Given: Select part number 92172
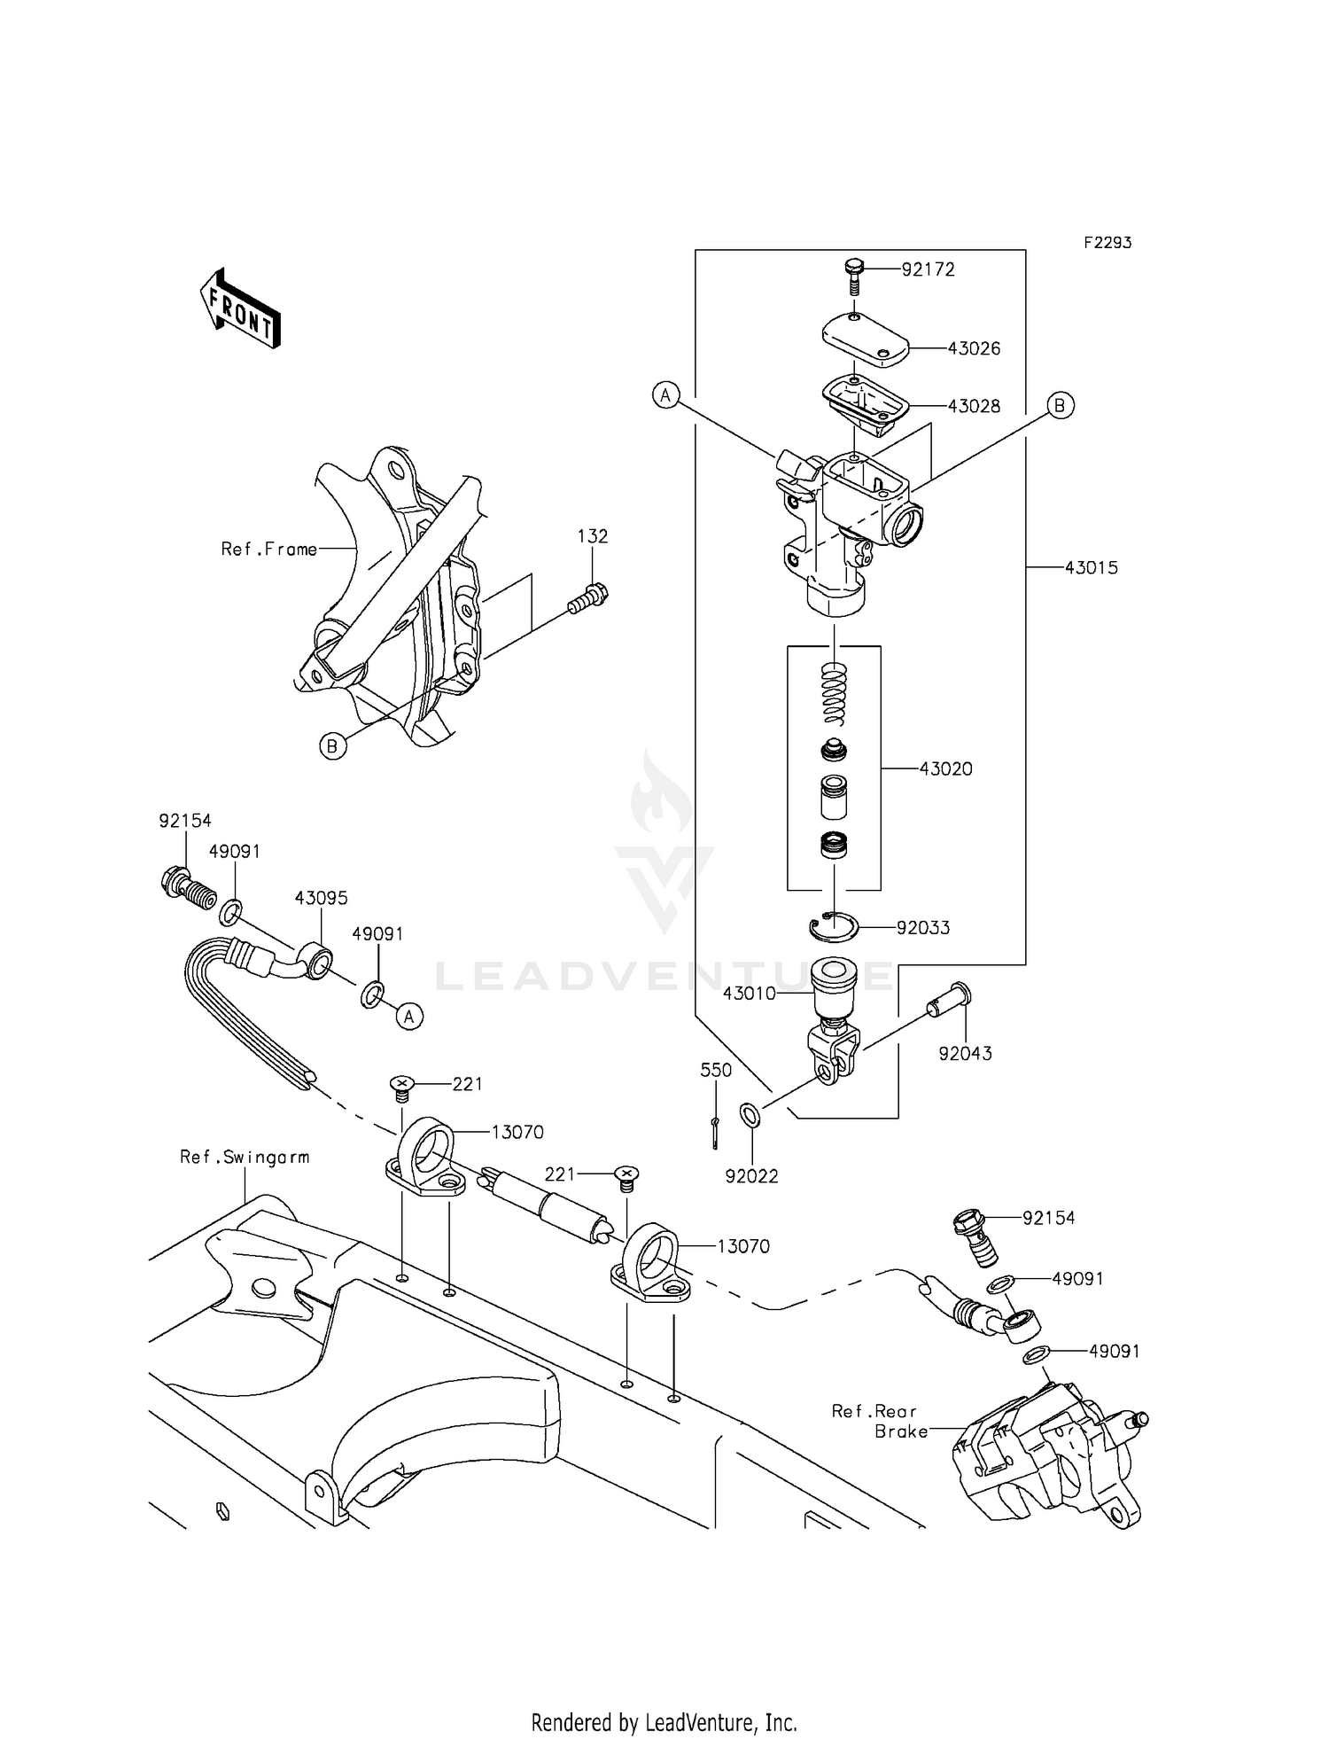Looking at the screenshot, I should pos(928,269).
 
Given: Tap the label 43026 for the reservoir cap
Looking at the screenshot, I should pos(974,348).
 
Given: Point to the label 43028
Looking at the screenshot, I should pos(974,406).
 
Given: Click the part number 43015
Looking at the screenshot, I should pos(1091,568).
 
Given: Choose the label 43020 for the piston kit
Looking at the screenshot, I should pos(945,769).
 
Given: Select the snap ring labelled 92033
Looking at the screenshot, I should pos(833,927).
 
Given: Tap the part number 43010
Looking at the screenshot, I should pos(749,994).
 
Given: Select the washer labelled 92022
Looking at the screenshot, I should pos(748,1113).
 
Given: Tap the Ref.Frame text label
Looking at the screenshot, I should pos(268,550).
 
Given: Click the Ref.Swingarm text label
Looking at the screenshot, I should pos(245,1157).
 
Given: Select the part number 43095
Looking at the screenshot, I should pos(321,898).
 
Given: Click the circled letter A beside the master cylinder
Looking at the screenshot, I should pos(666,394).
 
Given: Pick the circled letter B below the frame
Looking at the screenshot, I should pos(332,746).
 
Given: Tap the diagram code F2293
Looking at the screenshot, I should pos(1107,243).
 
